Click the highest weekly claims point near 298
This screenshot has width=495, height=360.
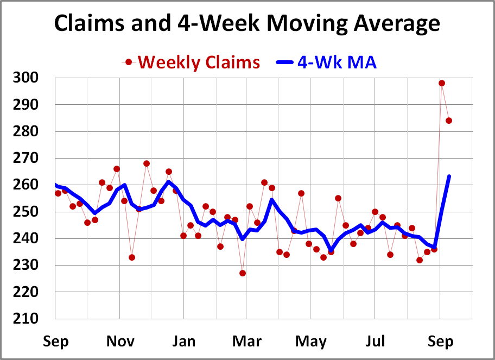click(442, 83)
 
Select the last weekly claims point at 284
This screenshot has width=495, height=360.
click(449, 121)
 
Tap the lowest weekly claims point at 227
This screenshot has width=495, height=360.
click(243, 273)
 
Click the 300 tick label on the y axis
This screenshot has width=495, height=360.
click(26, 78)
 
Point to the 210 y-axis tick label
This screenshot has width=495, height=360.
click(26, 319)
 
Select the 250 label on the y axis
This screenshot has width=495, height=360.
click(26, 212)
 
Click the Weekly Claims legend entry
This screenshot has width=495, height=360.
click(199, 62)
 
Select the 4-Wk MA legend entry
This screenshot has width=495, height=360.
click(337, 62)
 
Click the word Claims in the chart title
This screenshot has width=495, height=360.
click(89, 24)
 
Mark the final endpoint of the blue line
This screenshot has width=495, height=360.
click(449, 176)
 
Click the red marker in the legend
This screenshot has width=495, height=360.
click(129, 62)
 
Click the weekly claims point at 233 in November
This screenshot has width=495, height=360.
click(132, 257)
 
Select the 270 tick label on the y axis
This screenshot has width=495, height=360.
click(26, 158)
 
